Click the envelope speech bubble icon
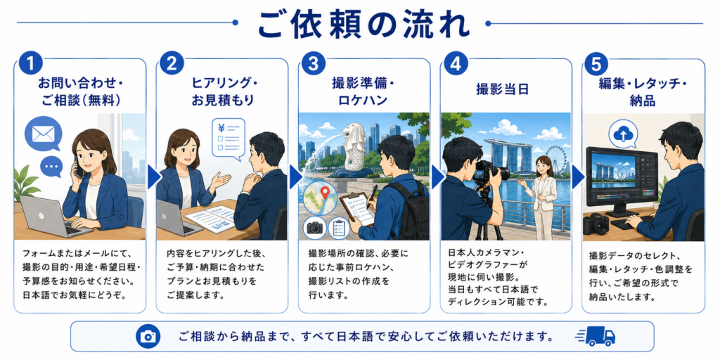tap(44, 134)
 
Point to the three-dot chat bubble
tap(51, 166)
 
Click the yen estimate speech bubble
tap(229, 139)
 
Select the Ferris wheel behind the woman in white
tap(555, 160)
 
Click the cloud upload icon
tap(624, 134)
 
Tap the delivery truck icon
tap(595, 337)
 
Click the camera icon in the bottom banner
tap(148, 337)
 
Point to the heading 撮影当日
tap(502, 89)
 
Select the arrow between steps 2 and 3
tap(296, 177)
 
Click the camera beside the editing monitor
tap(596, 224)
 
